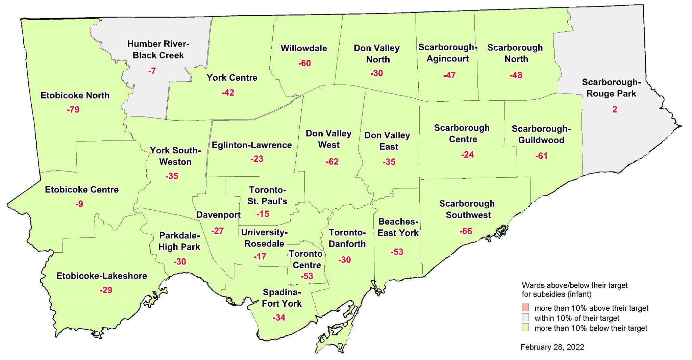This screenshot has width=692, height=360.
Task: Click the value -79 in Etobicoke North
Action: pyautogui.click(x=73, y=110)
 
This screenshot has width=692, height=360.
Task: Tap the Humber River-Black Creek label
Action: pyautogui.click(x=158, y=50)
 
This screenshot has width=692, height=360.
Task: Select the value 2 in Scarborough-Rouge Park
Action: pyautogui.click(x=615, y=109)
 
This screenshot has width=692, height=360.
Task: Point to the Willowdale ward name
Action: pyautogui.click(x=304, y=48)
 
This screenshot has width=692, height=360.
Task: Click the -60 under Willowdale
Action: pyautogui.click(x=304, y=63)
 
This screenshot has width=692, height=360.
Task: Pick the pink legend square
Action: pyautogui.click(x=525, y=308)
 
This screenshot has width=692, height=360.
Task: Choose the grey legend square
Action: pyautogui.click(x=525, y=318)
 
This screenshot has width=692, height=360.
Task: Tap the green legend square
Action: pyautogui.click(x=525, y=328)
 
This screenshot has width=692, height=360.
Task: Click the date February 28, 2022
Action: pyautogui.click(x=552, y=347)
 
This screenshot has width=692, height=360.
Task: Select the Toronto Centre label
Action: pyautogui.click(x=306, y=259)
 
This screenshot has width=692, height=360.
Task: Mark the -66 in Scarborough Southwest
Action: pyautogui.click(x=466, y=231)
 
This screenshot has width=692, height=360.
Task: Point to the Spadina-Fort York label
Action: pyautogui.click(x=282, y=298)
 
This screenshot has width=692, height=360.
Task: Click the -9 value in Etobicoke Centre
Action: pyautogui.click(x=79, y=204)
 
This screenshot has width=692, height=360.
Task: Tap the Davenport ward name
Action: pyautogui.click(x=218, y=215)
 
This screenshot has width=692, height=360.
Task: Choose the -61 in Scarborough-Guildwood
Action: pyautogui.click(x=541, y=156)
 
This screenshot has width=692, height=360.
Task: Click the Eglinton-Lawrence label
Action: pyautogui.click(x=252, y=145)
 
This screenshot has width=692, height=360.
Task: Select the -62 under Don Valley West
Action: pyautogui.click(x=332, y=162)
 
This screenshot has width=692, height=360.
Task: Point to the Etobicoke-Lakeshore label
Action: pyautogui.click(x=101, y=276)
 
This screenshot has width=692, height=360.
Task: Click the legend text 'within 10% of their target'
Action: pyautogui.click(x=577, y=318)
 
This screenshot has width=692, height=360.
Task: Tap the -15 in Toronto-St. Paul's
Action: pyautogui.click(x=263, y=214)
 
